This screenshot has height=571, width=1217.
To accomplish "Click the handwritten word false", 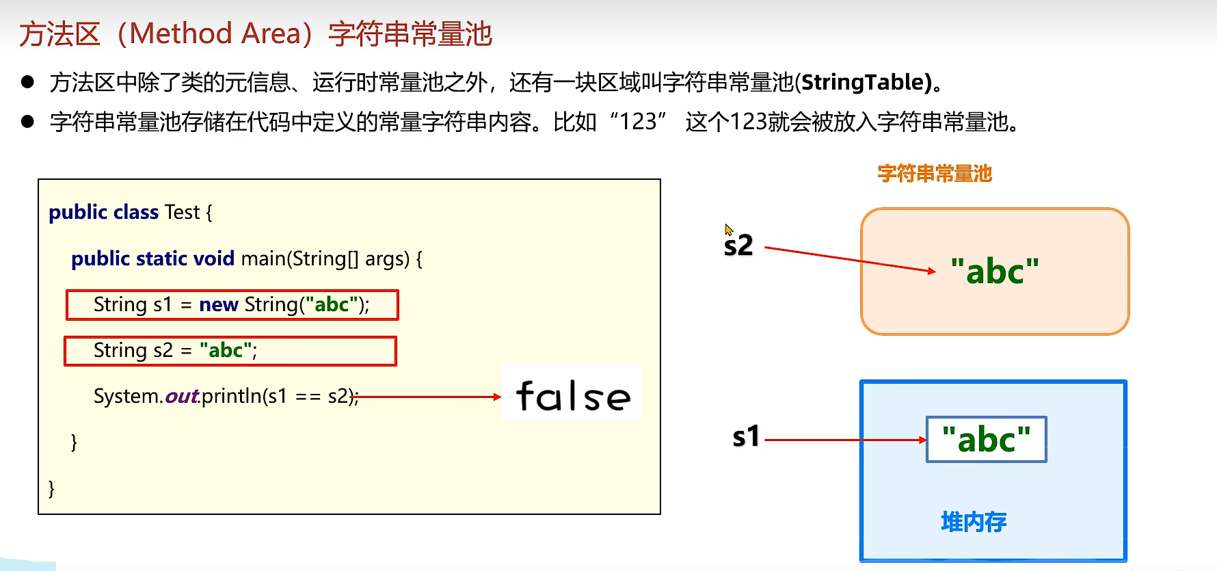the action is point(573,397).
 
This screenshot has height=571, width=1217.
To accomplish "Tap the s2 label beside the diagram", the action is point(738,245).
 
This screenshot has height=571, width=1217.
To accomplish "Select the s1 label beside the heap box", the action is point(746,436).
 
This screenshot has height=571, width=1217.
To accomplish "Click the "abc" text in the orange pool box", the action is point(995,271).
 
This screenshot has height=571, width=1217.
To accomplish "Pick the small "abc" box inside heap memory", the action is point(986,440).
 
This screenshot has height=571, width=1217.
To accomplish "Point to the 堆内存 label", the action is point(974,522).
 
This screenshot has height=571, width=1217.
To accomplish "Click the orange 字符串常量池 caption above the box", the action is point(935,174).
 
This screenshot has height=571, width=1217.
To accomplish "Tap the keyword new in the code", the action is point(218,304).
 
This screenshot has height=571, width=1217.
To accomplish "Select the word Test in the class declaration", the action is point(182,213).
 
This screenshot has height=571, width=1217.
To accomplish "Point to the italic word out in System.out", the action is point(181,397).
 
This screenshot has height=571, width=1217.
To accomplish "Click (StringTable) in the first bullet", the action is point(865,83).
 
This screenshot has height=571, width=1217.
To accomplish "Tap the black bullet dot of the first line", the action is point(28,83).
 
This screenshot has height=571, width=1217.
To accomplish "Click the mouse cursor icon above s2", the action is point(729,230).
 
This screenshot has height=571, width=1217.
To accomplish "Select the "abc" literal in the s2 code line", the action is point(226,351).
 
